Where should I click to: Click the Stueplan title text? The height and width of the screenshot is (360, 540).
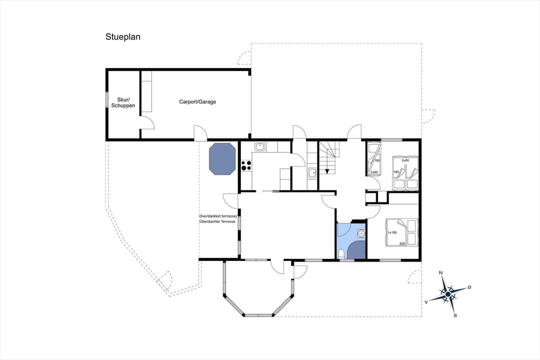123,37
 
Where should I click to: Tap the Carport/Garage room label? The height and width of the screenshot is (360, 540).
197,102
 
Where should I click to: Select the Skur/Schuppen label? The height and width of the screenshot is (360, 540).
123,102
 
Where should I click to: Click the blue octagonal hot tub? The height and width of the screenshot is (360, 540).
222,159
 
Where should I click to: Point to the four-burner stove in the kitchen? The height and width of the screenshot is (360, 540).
246,165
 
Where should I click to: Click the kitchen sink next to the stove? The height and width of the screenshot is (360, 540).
260,147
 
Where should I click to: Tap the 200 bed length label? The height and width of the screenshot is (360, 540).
402,244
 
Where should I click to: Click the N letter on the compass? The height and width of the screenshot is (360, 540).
441,273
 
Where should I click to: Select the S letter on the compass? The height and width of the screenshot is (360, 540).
455,316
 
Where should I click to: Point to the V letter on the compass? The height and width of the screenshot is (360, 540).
426,302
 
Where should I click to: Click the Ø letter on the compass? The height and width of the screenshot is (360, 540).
470,287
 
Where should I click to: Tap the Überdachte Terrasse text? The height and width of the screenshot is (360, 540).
219,222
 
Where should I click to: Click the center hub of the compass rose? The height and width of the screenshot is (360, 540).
448,294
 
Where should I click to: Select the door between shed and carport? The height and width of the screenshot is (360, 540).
147,123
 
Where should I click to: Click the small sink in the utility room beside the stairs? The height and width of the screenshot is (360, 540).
312,173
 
